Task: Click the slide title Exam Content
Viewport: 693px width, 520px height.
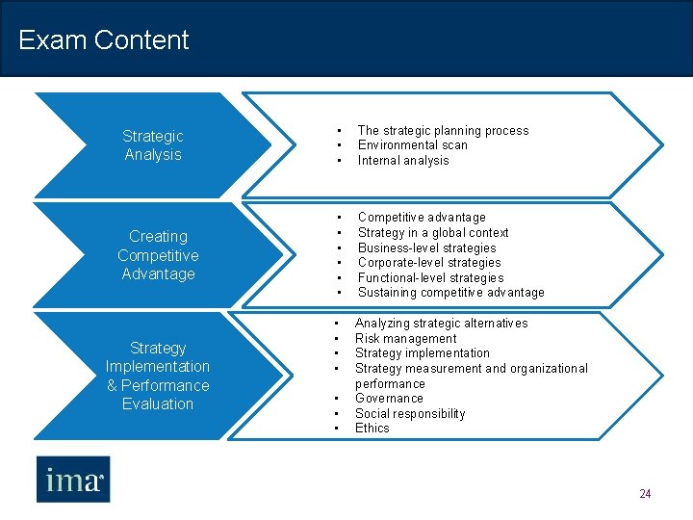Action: pos(104,40)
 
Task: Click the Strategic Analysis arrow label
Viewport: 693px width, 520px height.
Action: pos(153,145)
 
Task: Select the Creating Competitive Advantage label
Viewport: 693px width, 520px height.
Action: pos(158,255)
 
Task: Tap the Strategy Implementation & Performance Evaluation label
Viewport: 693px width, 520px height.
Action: pos(158,376)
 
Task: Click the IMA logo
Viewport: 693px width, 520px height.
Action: pos(73,479)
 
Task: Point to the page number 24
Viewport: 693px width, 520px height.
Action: pos(645,494)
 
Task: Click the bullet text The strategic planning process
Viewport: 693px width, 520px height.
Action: pos(443,131)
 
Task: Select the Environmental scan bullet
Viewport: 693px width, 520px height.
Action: pos(412,145)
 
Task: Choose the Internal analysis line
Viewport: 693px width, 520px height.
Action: pos(403,161)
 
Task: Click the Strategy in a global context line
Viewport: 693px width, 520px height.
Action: pos(433,233)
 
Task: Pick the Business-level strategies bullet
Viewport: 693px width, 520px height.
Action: pos(427,247)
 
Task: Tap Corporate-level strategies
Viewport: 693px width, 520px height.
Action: pos(429,263)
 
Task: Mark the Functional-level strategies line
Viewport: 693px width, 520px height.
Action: pos(430,278)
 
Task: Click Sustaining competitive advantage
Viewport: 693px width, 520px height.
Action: pos(450,293)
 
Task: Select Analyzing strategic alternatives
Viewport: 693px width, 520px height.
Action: pos(441,324)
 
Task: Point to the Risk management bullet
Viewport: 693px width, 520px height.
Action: pos(405,339)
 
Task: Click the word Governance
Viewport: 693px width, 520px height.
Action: pos(389,399)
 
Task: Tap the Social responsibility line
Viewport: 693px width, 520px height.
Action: pos(410,414)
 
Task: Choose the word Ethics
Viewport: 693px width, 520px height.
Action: pos(372,429)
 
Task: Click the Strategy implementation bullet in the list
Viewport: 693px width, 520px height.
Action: pos(422,353)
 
